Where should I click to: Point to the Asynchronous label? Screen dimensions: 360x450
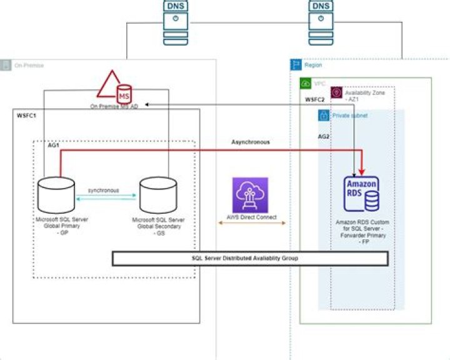tap(250, 142)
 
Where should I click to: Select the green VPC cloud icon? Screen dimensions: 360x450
tap(306, 83)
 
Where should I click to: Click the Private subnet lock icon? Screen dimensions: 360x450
tap(324, 115)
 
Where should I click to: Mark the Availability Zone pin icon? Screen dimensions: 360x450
tap(336, 92)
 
